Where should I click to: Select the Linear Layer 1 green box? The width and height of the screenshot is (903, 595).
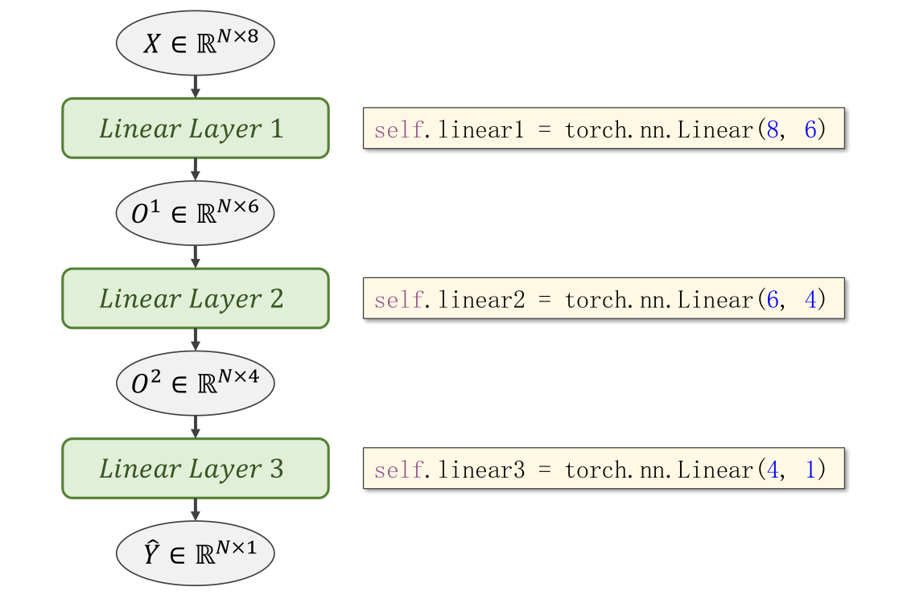click(x=196, y=128)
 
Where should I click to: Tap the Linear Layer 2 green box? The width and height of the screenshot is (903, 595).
click(x=196, y=298)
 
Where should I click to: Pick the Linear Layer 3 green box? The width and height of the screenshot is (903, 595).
click(x=196, y=469)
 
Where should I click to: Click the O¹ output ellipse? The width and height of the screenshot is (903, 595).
click(x=196, y=212)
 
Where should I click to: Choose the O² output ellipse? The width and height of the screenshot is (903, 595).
click(x=196, y=383)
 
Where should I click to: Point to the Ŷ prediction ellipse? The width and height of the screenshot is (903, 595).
click(x=196, y=553)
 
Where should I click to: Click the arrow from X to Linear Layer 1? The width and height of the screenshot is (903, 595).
click(x=196, y=85)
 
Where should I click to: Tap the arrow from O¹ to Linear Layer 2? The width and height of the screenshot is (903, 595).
click(x=196, y=256)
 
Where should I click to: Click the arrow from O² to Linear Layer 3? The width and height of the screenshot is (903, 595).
click(x=196, y=426)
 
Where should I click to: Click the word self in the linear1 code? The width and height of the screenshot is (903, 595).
click(x=398, y=130)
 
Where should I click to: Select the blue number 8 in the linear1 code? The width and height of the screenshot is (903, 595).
click(x=773, y=130)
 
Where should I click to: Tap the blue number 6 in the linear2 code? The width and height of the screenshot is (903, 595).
click(x=773, y=300)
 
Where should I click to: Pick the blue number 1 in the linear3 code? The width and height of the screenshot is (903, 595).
click(x=810, y=470)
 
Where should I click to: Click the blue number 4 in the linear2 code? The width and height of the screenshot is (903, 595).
click(x=810, y=300)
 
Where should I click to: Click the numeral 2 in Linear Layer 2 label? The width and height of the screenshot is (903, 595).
click(x=277, y=299)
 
